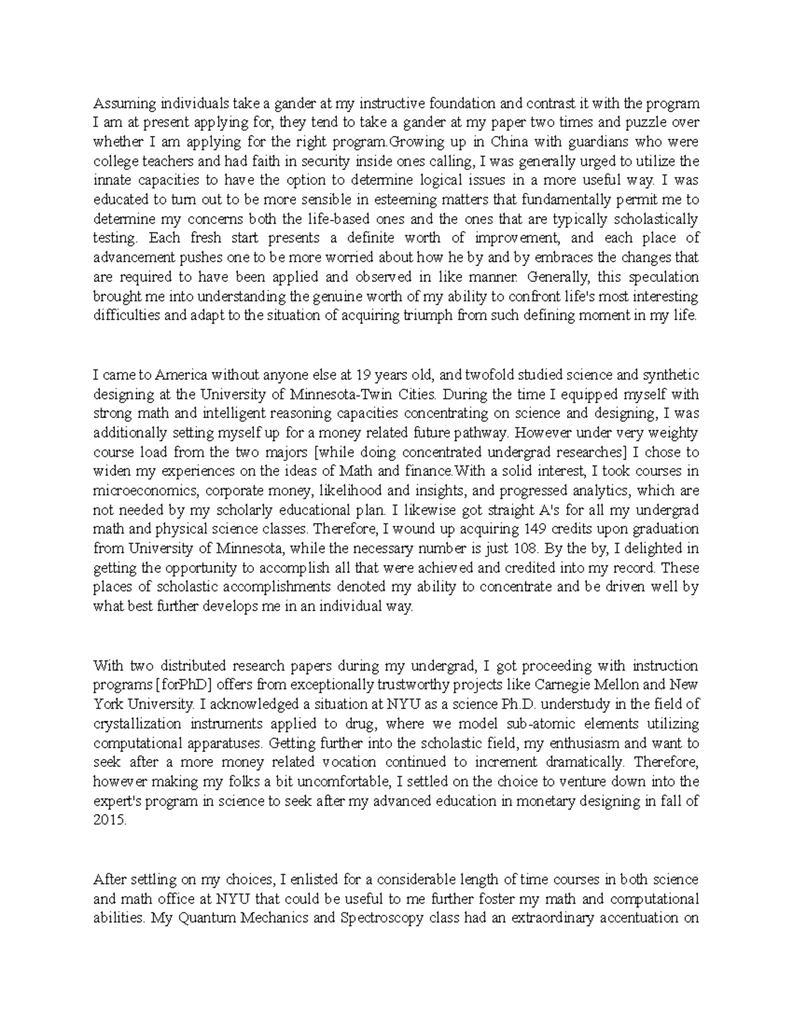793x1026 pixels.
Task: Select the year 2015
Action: click(108, 820)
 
